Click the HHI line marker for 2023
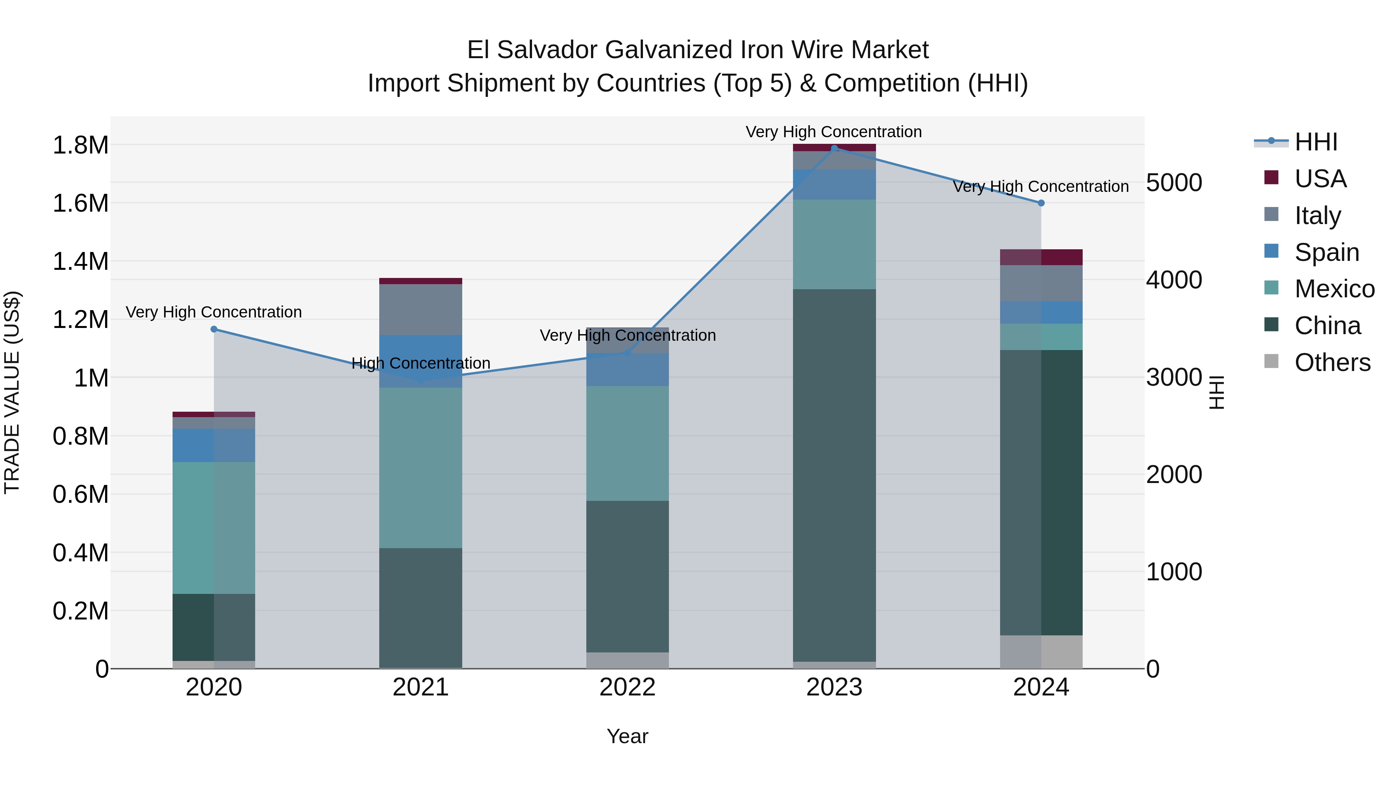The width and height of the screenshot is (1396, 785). point(834,148)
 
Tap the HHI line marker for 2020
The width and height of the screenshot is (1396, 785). point(214,329)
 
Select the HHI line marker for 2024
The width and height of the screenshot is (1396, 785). point(1041,203)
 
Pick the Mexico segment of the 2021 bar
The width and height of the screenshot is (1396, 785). point(420,467)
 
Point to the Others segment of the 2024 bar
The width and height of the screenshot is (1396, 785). point(1041,652)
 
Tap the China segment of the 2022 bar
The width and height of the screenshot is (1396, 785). point(627,576)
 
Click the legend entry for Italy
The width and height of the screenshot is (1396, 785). point(1317,215)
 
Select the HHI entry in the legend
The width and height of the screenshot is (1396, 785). point(1315,142)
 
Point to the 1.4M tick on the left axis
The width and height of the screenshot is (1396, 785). point(80,261)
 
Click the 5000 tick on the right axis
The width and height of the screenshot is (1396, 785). point(1174,183)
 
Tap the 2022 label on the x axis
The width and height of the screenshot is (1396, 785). point(627,687)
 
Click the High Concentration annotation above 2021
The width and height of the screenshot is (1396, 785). point(420,363)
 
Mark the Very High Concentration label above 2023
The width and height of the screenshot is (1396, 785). point(833,132)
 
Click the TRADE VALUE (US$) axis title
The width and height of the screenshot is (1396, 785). point(12,392)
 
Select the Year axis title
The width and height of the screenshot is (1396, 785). point(627,736)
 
